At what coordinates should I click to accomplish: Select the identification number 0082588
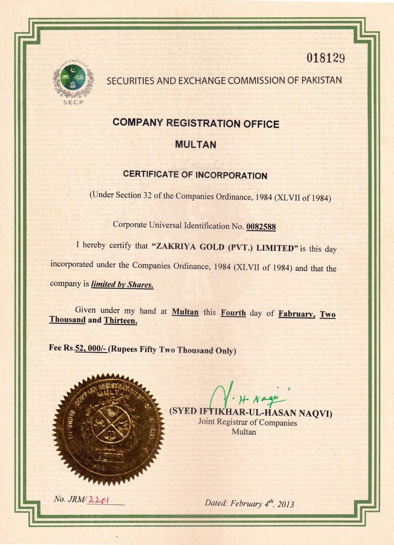[x=261, y=226]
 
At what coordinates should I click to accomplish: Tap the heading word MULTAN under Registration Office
[x=196, y=144]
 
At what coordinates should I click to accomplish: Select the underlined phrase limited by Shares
[x=122, y=284]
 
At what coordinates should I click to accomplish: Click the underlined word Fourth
[x=233, y=313]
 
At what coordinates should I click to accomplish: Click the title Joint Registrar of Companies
[x=247, y=422]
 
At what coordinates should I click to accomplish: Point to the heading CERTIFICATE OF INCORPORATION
[x=195, y=175]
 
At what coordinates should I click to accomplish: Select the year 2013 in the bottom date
[x=285, y=505]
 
